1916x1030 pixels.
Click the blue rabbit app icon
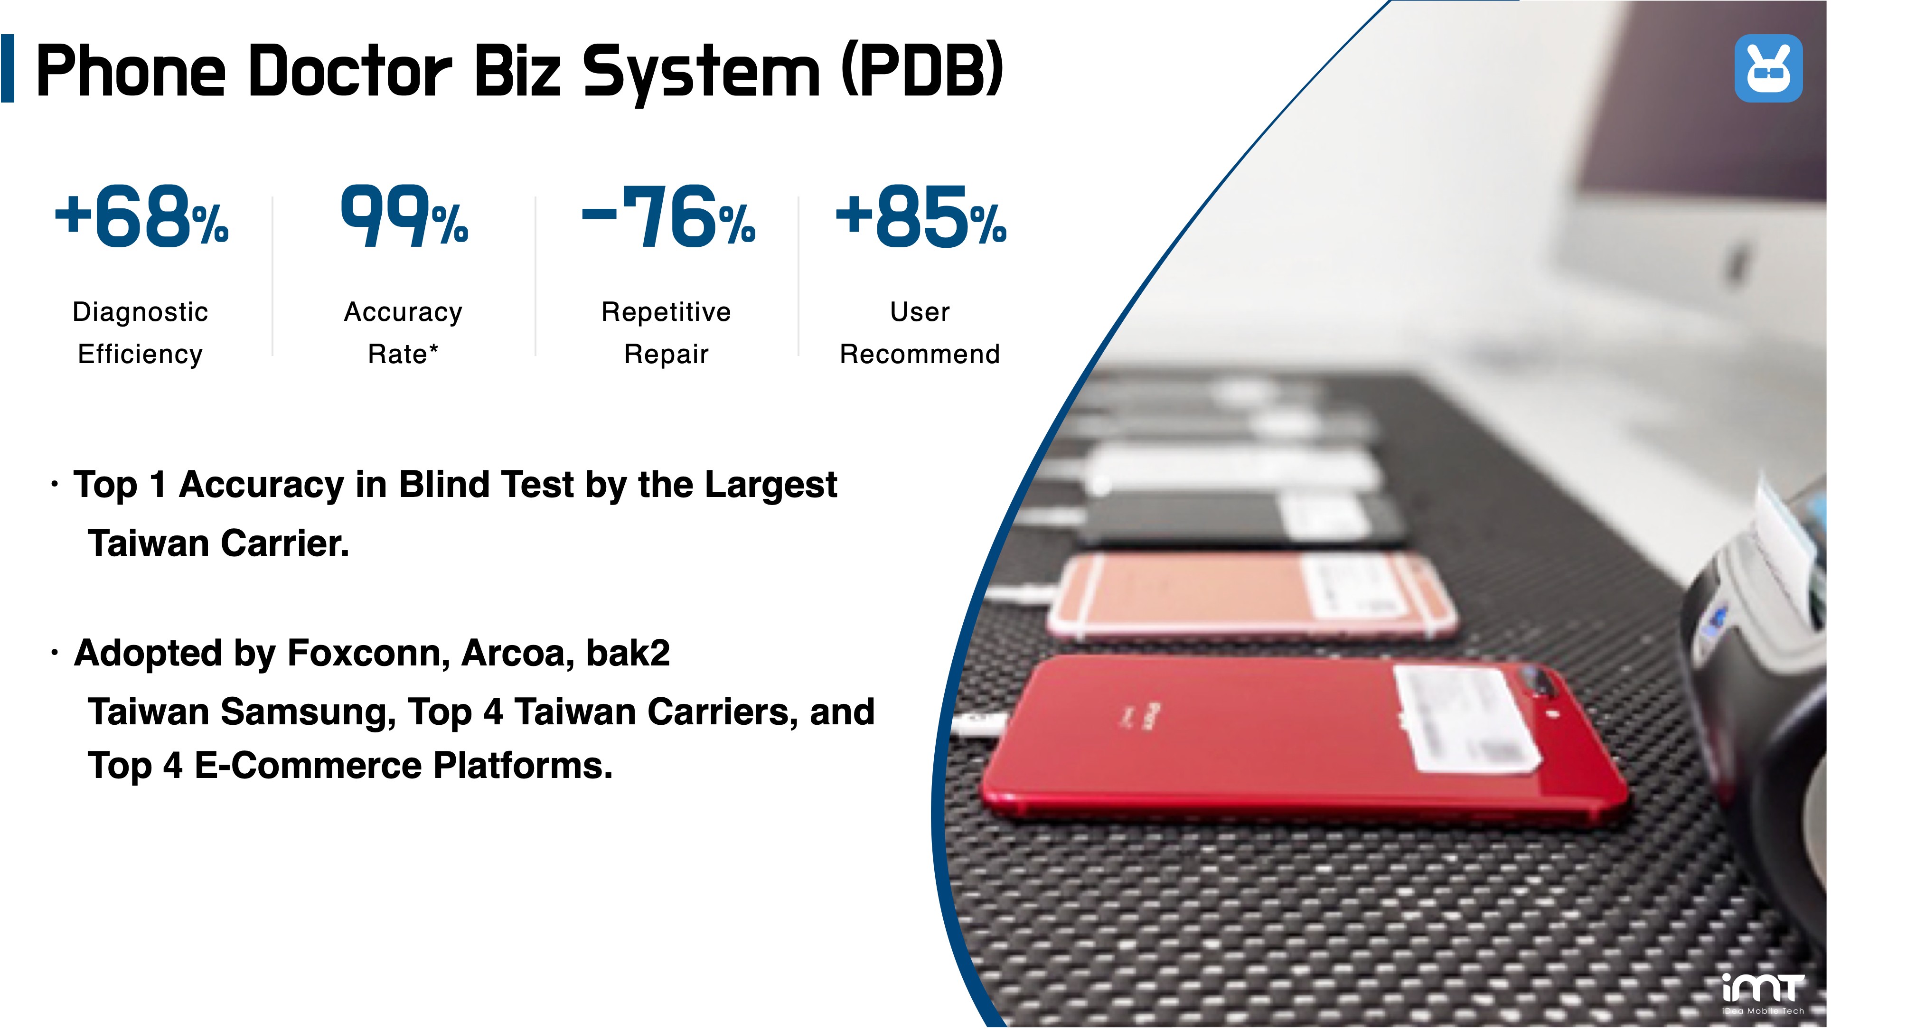1768,68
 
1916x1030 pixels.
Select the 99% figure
404,216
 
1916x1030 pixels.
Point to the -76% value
668,216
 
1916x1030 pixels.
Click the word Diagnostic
140,311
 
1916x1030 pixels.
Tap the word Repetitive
666,311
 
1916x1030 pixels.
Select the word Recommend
920,354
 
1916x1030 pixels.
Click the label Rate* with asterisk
403,354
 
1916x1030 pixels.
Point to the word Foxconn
369,653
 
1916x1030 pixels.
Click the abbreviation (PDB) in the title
922,70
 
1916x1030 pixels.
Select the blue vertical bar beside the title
8,68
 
